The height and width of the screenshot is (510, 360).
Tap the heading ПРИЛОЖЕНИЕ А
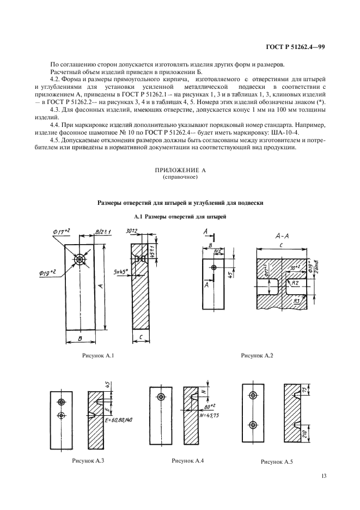(x=180, y=171)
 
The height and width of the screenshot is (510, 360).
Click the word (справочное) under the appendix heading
(x=180, y=178)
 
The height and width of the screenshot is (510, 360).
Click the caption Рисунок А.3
(x=88, y=461)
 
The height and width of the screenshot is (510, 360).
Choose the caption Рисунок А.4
(x=188, y=461)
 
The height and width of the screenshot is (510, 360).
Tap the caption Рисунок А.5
(x=277, y=462)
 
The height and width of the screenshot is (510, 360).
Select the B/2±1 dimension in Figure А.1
(x=102, y=233)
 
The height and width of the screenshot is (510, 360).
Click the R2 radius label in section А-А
(x=294, y=283)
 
